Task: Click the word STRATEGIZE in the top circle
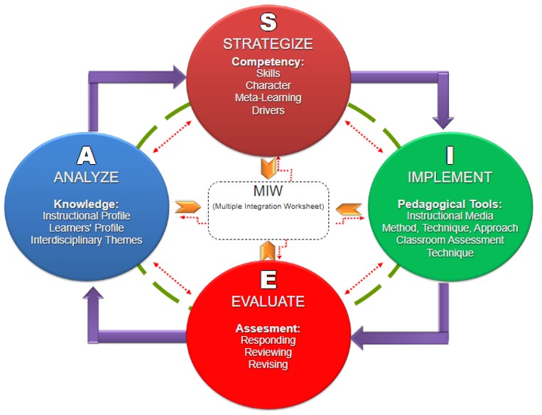point(268,44)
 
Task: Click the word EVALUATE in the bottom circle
point(268,301)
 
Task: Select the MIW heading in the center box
point(268,193)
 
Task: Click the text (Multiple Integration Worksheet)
point(268,206)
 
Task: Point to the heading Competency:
point(268,62)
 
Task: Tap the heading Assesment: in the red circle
point(268,328)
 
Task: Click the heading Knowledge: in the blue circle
point(87,203)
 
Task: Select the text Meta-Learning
point(268,98)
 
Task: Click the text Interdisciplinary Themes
point(87,239)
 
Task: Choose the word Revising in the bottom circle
point(268,365)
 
